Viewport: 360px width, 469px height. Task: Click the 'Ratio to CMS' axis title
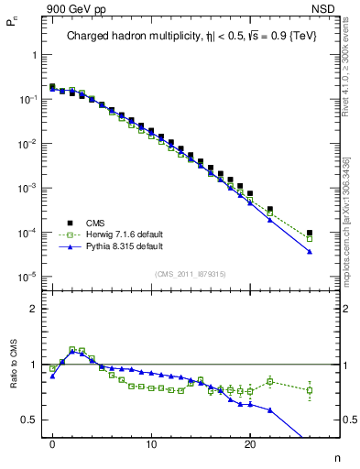click(x=12, y=379)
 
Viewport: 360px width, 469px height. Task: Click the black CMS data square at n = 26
click(x=310, y=234)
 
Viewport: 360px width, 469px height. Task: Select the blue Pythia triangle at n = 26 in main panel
click(x=310, y=251)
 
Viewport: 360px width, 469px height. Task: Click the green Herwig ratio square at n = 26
click(x=310, y=390)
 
